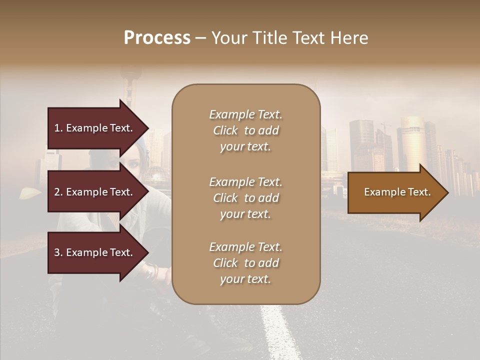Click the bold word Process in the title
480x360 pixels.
[157, 38]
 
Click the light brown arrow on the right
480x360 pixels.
[395, 192]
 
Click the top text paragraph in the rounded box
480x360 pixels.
[245, 130]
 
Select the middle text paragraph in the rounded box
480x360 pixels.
[245, 198]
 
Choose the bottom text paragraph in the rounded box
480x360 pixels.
[245, 263]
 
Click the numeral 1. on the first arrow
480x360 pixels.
[58, 128]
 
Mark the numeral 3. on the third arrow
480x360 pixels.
[58, 252]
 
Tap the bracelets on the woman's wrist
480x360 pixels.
[151, 272]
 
